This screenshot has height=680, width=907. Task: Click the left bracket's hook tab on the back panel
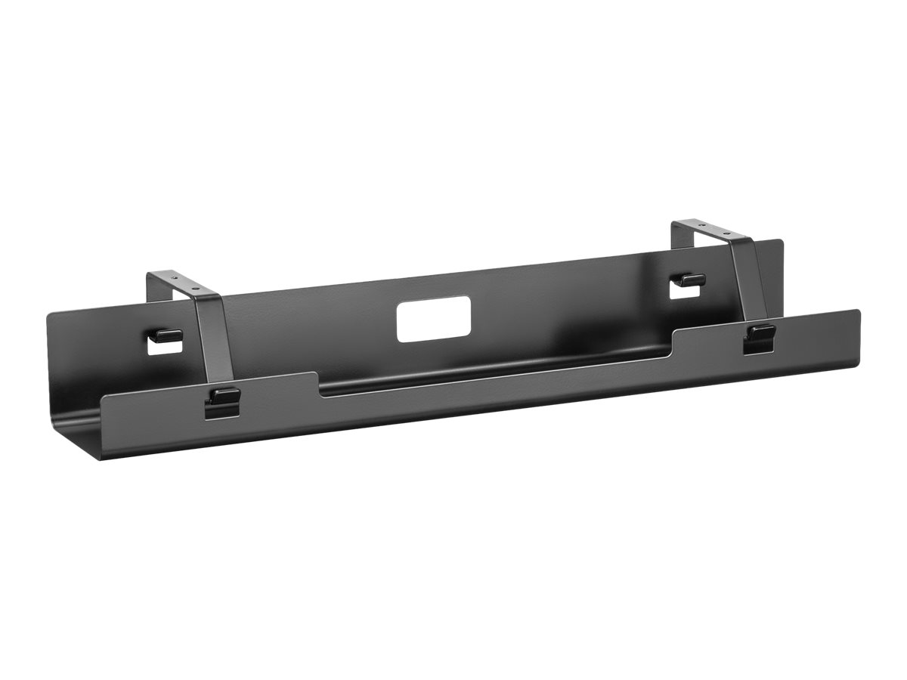pyautogui.click(x=167, y=333)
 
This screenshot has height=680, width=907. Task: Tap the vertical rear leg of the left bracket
pyautogui.click(x=151, y=291)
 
